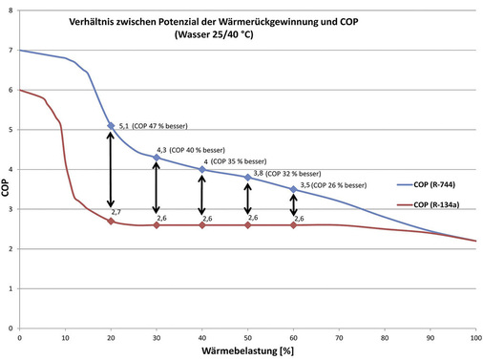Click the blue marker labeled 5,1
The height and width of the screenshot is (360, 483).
111,125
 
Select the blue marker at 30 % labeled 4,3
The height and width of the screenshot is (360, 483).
157,158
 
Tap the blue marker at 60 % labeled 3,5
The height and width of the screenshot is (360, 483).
294,189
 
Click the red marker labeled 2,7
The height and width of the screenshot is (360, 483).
111,221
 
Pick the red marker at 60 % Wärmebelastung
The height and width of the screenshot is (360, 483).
294,224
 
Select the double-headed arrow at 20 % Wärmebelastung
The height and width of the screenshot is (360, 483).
111,172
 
